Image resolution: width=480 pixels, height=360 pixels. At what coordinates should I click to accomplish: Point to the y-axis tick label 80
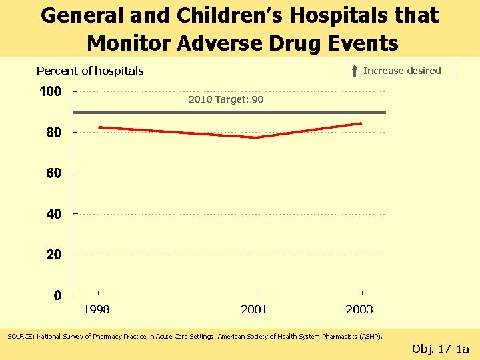tap(54, 133)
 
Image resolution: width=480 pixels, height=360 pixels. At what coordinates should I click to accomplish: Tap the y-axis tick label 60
tap(54, 173)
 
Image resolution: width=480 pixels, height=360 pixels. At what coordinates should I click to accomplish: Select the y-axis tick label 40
tap(54, 214)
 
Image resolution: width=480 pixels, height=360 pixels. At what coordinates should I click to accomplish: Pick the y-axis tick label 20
tap(54, 255)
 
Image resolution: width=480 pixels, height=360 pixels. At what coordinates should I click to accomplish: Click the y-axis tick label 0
tap(58, 295)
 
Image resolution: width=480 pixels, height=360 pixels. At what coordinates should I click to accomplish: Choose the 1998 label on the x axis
tap(97, 309)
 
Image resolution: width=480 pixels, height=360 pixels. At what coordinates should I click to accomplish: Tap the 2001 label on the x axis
tap(254, 309)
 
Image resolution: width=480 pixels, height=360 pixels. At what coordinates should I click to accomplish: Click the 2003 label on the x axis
tap(359, 309)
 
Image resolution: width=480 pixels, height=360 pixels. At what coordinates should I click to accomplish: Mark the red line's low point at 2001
tap(257, 137)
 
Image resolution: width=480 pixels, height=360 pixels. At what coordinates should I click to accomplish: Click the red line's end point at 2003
tap(361, 123)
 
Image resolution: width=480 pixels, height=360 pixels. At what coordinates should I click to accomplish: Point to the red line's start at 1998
tap(99, 127)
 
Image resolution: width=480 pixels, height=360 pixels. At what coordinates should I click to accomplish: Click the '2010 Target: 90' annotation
tap(226, 99)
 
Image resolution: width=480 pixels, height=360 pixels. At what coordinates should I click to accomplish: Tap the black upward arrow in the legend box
tap(355, 71)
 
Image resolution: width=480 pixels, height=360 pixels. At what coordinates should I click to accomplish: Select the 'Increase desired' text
tap(402, 71)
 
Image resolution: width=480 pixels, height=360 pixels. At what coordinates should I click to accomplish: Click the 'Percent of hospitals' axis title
tap(90, 71)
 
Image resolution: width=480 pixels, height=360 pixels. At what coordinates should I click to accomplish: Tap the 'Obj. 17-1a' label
tap(441, 348)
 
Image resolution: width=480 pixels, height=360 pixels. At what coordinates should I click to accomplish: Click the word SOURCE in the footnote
tap(20, 337)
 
